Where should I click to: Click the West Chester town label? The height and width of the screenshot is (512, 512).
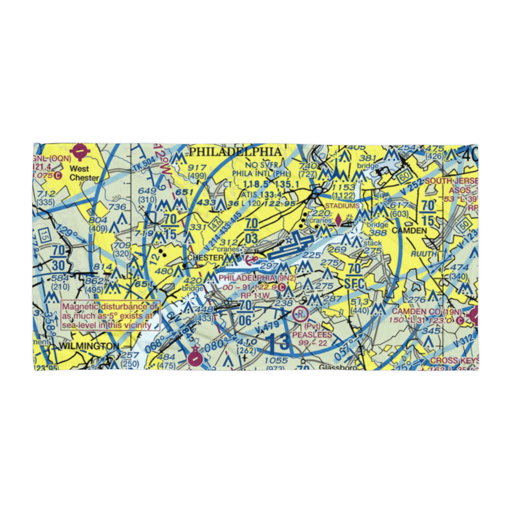79,173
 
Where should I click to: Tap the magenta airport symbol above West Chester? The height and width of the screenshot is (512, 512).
80,152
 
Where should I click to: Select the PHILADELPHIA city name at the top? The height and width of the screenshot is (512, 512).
235,152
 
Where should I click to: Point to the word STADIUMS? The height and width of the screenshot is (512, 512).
343,206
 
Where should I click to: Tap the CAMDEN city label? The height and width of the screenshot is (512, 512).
409,231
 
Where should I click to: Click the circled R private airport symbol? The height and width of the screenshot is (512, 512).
301,313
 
